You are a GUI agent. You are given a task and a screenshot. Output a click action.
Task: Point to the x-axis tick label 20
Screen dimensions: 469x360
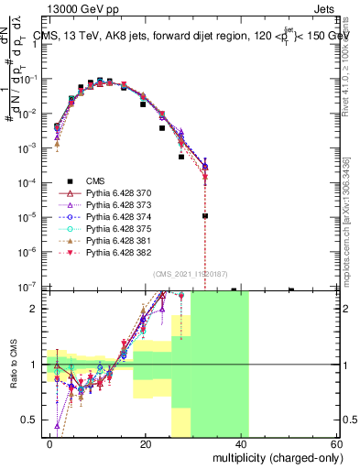coord(146,442)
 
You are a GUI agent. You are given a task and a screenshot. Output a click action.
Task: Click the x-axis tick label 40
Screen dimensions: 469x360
coord(241,442)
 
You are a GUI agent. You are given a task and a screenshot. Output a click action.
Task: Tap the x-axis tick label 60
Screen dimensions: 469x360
coord(336,442)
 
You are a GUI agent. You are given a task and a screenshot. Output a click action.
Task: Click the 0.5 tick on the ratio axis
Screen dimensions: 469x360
coord(32,420)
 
